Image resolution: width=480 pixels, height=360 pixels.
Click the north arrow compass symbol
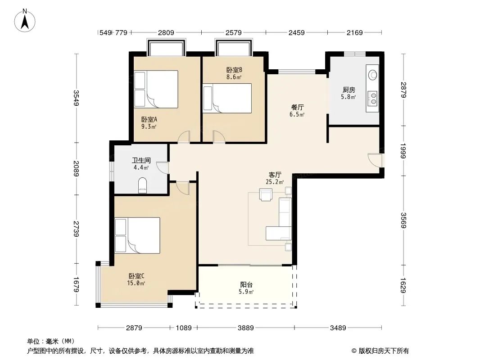pyautogui.click(x=25, y=21)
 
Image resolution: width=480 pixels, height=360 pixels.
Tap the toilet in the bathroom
pyautogui.click(x=143, y=185)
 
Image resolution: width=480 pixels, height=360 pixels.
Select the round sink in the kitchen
pyautogui.click(x=372, y=75)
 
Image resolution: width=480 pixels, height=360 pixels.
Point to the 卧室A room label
pyautogui.click(x=149, y=120)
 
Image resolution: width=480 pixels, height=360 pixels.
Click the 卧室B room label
pyautogui.click(x=234, y=70)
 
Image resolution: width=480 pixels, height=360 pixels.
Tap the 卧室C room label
pyautogui.click(x=136, y=276)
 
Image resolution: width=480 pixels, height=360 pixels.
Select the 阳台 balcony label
pyautogui.click(x=246, y=285)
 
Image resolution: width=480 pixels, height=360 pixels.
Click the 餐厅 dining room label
pyautogui.click(x=297, y=108)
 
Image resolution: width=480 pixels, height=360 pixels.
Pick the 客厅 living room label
pyautogui.click(x=275, y=175)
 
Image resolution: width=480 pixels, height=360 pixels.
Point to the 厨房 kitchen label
pyautogui.click(x=349, y=90)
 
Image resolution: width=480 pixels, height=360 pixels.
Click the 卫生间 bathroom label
pyautogui.click(x=141, y=160)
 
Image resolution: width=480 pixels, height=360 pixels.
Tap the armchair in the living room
pyautogui.click(x=266, y=194)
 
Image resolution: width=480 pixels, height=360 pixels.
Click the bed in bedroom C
pyautogui.click(x=137, y=235)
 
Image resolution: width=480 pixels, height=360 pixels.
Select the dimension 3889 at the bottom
pyautogui.click(x=246, y=328)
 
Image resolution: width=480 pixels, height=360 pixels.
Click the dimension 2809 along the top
pyautogui.click(x=166, y=32)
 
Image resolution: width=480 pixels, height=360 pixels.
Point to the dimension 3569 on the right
pyautogui.click(x=403, y=220)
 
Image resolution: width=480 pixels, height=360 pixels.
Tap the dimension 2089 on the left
pyautogui.click(x=76, y=169)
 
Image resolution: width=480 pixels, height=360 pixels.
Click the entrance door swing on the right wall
pyautogui.click(x=375, y=159)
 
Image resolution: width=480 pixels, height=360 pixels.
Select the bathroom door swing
pyautogui.click(x=162, y=168)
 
